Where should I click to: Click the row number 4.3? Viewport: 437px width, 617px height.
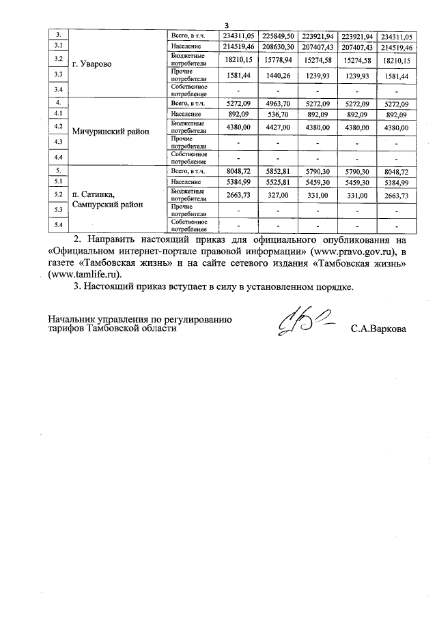pos(59,142)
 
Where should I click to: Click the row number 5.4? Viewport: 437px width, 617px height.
pos(59,226)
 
